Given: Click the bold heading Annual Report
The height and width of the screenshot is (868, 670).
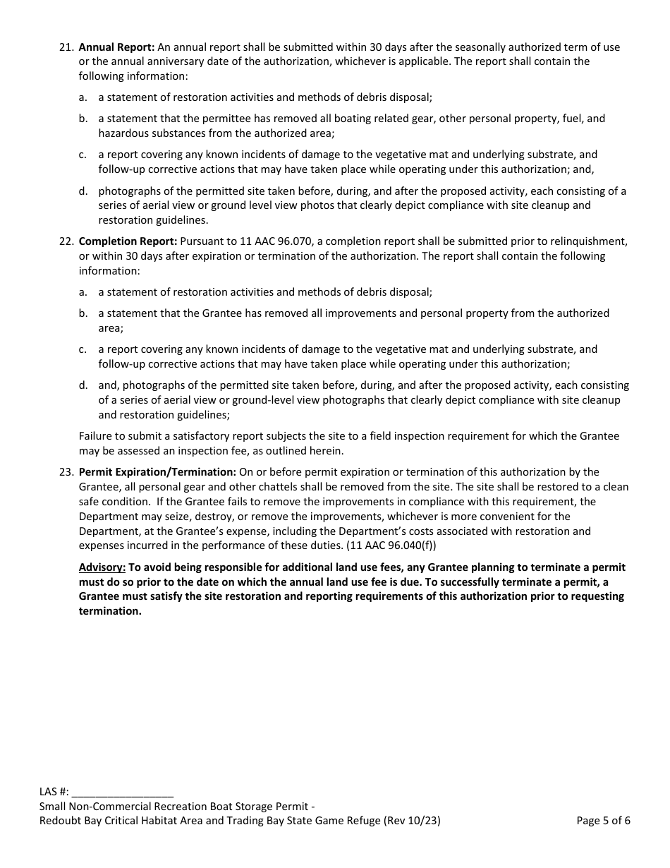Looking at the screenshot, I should [116, 47].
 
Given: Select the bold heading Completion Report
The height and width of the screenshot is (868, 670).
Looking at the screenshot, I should [128, 241].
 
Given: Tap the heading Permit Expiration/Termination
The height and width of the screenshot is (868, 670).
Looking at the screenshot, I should [157, 472].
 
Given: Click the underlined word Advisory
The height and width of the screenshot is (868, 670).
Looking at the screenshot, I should [102, 567].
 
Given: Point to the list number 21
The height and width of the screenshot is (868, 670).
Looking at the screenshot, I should [66, 47].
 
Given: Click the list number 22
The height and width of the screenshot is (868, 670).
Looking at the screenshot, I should [66, 241].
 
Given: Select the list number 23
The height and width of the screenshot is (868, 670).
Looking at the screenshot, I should [66, 472].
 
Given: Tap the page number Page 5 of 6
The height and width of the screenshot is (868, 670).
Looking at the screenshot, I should [603, 820].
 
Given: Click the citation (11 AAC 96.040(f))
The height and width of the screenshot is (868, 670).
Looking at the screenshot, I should [391, 545].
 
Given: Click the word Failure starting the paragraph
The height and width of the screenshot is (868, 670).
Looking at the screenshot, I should [97, 436].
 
